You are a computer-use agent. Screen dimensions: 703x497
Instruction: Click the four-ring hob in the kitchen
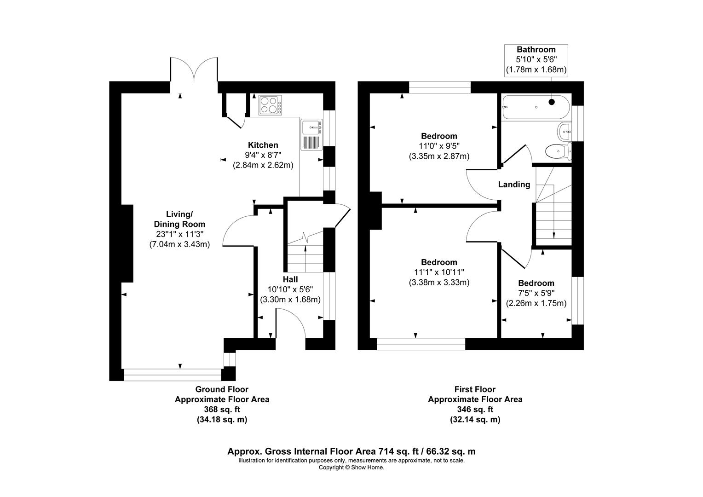(270, 105)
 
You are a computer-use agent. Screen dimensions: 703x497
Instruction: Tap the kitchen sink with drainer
(311, 134)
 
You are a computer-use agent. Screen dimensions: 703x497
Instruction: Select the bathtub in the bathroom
(536, 107)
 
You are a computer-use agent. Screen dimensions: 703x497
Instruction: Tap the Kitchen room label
(263, 145)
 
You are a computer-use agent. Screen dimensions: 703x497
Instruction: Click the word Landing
(514, 185)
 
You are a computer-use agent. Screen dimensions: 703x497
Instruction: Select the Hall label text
(290, 279)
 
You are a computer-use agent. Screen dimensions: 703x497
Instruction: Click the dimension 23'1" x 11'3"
(180, 234)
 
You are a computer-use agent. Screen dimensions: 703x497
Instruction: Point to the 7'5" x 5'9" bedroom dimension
(536, 293)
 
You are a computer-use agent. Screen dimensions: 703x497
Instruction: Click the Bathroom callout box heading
(536, 50)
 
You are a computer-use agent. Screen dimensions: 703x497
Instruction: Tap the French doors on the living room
(194, 69)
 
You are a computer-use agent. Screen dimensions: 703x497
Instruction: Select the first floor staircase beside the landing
(553, 206)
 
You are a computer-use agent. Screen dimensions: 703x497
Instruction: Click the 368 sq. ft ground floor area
(222, 410)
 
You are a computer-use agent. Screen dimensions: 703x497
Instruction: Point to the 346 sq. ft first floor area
(475, 410)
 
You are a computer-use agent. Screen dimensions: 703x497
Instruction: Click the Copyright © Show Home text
(351, 468)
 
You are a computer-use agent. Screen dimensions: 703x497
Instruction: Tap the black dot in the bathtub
(552, 102)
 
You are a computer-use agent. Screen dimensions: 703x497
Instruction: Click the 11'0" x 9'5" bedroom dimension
(439, 146)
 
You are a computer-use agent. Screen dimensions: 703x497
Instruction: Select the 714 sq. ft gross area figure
(398, 451)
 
